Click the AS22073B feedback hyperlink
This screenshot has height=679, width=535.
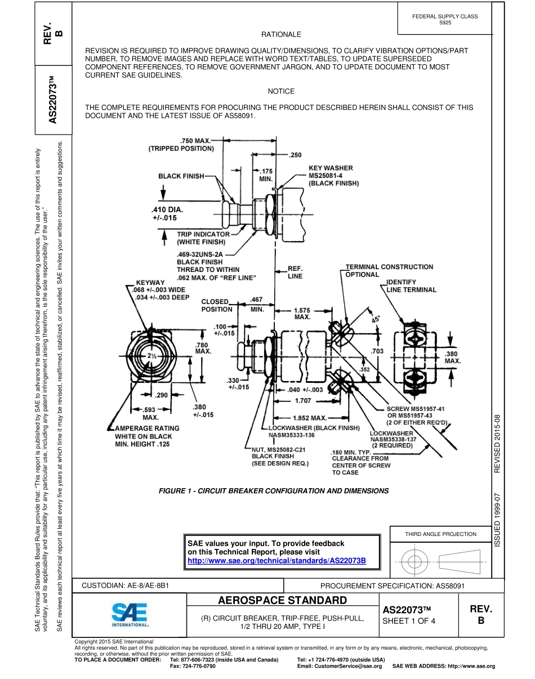(x=277, y=561)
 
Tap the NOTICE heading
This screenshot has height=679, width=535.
(x=281, y=91)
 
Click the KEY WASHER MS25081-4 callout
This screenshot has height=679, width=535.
(x=333, y=175)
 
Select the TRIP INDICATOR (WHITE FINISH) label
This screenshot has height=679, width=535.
(x=203, y=238)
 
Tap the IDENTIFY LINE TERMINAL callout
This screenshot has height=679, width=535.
(x=411, y=285)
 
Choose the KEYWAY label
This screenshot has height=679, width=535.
(x=150, y=283)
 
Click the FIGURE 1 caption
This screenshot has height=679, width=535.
(x=274, y=491)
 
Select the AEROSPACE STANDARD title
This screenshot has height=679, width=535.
(x=282, y=600)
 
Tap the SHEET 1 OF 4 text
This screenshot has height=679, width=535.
(x=409, y=622)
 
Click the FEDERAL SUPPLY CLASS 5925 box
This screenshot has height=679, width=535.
(x=444, y=20)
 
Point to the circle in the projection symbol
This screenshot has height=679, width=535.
(x=414, y=561)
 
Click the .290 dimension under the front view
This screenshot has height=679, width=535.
(x=162, y=395)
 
